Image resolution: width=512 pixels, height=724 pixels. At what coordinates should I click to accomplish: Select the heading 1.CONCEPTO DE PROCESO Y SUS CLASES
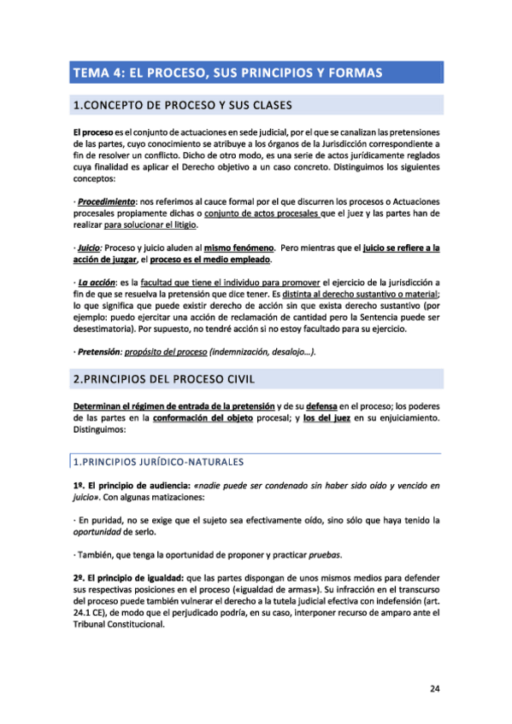(x=183, y=106)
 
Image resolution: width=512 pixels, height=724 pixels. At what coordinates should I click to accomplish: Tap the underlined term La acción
(x=97, y=283)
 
